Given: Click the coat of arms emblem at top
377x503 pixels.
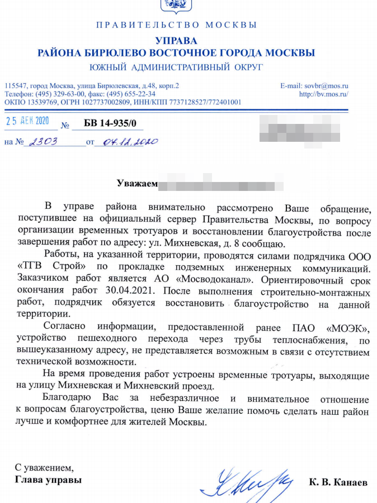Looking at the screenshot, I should point(176,6).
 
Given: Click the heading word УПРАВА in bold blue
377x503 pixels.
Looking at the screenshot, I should point(176,41).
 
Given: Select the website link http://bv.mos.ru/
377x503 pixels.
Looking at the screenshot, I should point(324,94).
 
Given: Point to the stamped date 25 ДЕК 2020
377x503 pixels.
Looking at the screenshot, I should point(28,121).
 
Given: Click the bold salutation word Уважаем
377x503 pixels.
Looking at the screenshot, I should point(136,183).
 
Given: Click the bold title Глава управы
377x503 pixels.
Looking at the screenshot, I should point(48,480).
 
